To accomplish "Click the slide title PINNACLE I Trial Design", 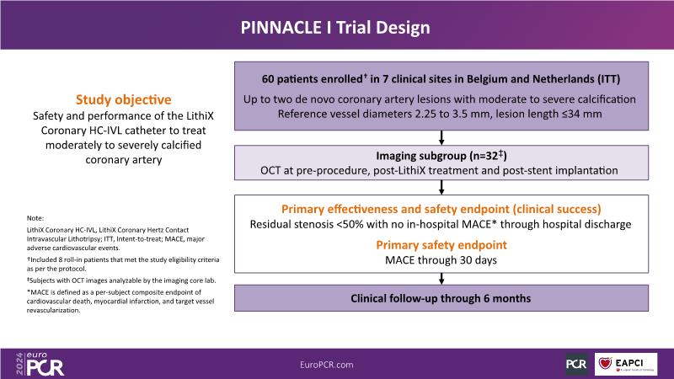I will click(x=337, y=28).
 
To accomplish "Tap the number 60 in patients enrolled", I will click(x=270, y=79).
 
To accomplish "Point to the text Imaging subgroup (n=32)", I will click(x=441, y=156).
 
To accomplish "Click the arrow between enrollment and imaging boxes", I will click(x=441, y=137).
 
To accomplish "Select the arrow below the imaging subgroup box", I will click(x=441, y=186).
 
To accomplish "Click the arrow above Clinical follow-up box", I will click(x=441, y=278).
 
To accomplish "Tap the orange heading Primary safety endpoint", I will click(x=441, y=245).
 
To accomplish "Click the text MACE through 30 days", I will click(x=441, y=260).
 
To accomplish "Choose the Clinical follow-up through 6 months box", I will click(x=441, y=297).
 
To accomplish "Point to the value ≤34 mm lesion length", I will click(x=589, y=113).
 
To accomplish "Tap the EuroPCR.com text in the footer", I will click(x=337, y=363).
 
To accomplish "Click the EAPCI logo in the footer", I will click(x=627, y=363).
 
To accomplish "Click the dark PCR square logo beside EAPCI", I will click(x=576, y=363).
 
